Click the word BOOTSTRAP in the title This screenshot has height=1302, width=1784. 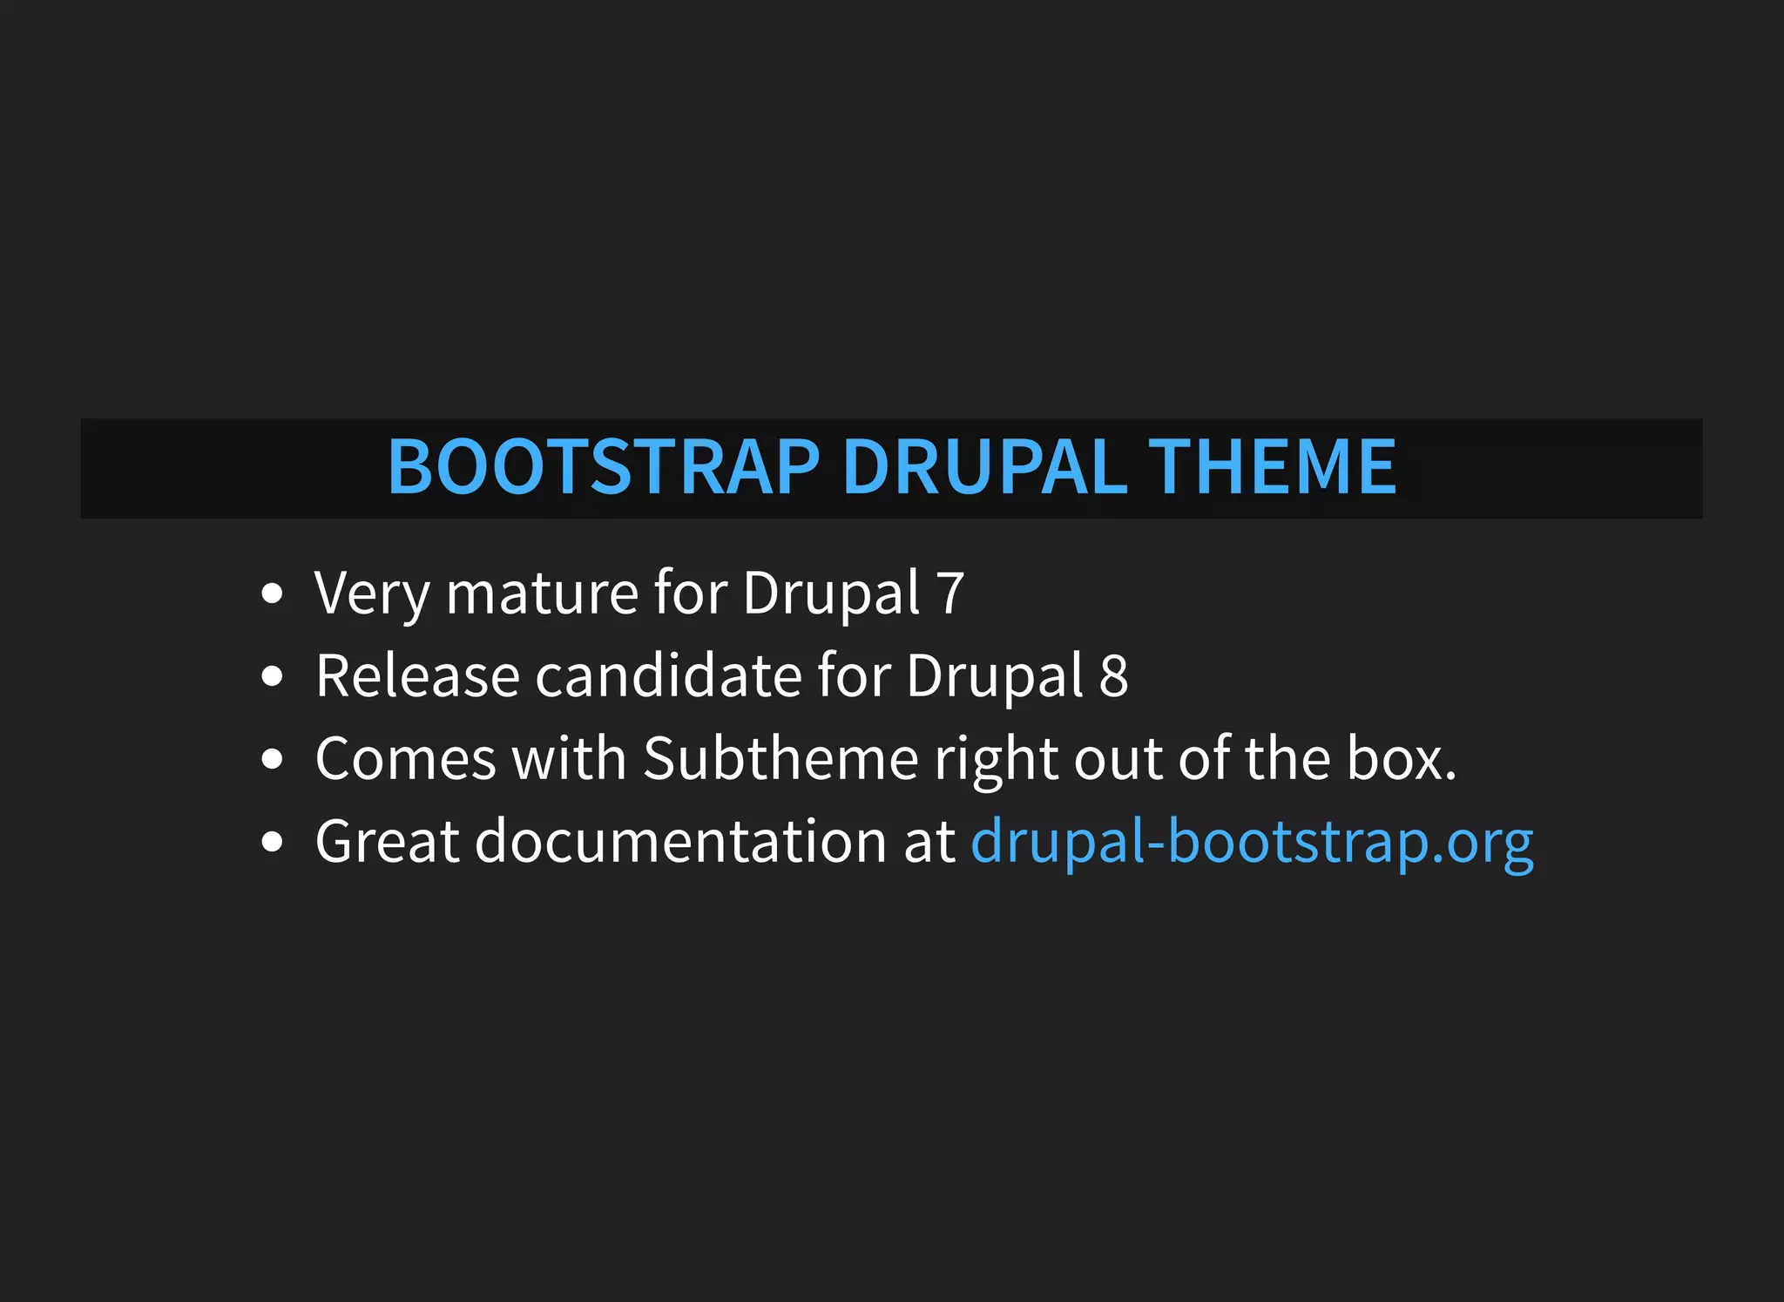click(x=604, y=467)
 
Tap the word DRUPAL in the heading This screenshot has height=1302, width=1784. click(x=984, y=467)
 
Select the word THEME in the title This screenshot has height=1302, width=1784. click(x=1272, y=467)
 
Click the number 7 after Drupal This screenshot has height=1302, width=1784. click(x=950, y=593)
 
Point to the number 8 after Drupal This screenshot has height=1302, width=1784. click(x=1113, y=676)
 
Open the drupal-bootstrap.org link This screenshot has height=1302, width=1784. click(x=1252, y=842)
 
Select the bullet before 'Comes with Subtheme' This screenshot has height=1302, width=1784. click(x=273, y=759)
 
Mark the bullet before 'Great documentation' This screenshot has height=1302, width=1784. click(x=273, y=842)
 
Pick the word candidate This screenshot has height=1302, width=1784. click(x=667, y=676)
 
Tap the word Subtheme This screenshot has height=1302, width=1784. click(x=780, y=758)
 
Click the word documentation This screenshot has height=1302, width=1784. click(x=680, y=842)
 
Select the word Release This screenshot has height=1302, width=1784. click(x=417, y=676)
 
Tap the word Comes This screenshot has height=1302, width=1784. click(x=405, y=758)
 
